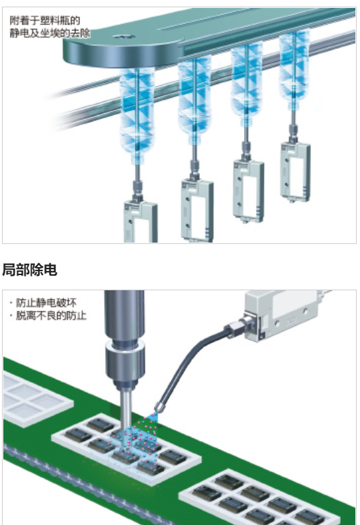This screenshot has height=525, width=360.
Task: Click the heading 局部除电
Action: [30, 270]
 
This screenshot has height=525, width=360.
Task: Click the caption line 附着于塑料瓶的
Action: [45, 20]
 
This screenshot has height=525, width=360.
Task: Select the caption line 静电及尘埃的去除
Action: [50, 33]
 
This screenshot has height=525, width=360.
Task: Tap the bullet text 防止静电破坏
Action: [46, 303]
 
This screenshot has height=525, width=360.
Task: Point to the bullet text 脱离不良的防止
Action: [51, 315]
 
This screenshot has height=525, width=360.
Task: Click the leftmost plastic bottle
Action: [138, 116]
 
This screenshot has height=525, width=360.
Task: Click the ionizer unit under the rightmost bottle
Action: [295, 172]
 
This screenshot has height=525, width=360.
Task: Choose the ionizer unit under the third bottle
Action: [248, 191]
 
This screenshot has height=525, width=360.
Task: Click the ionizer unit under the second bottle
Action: [197, 211]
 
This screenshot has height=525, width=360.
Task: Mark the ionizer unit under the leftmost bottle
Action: [140, 222]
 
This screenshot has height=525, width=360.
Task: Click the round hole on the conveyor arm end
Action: [123, 36]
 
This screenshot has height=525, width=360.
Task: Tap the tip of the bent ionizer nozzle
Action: [157, 411]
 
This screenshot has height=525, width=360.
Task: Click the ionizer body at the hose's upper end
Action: [289, 314]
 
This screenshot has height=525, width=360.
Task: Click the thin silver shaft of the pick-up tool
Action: [126, 409]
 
